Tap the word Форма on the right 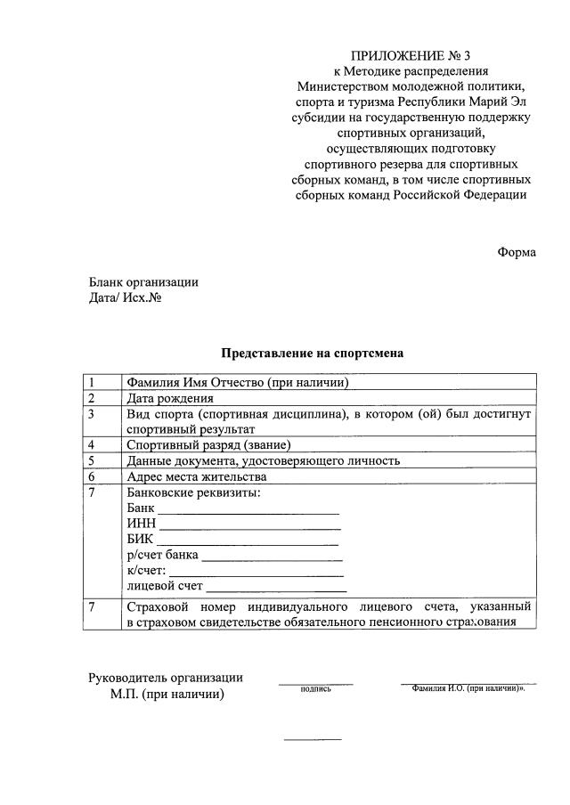[x=517, y=252]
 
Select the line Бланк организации [x=142, y=282]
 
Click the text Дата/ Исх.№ [x=125, y=298]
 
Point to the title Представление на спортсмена [x=313, y=353]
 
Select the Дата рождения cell [x=170, y=398]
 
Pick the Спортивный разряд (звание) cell [x=209, y=444]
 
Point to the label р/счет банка [x=162, y=555]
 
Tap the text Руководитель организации [x=165, y=678]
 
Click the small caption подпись [x=315, y=688]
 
